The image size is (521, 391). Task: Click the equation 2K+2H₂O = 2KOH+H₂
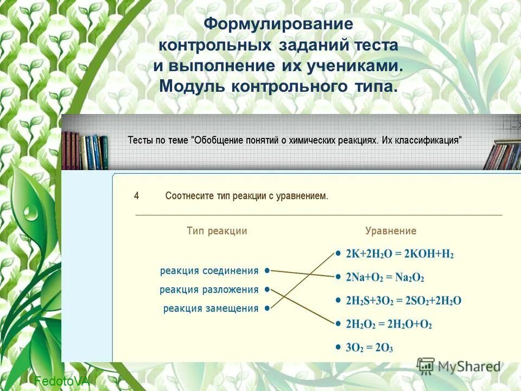[399, 254]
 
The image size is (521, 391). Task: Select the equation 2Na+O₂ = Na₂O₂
[385, 278]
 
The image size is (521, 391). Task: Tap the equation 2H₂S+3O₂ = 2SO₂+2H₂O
[403, 301]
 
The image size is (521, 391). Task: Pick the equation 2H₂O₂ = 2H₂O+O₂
[389, 324]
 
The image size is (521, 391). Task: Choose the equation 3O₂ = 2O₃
[369, 348]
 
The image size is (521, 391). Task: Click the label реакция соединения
[209, 270]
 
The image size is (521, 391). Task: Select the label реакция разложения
[209, 289]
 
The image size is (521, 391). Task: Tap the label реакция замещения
[211, 308]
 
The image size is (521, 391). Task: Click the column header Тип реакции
[217, 231]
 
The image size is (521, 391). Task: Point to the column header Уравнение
[391, 231]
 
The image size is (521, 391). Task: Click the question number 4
[137, 196]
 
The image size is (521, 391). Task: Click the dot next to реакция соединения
[268, 270]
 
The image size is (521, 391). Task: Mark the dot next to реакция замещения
[268, 308]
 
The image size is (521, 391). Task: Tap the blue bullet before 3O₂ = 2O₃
[338, 346]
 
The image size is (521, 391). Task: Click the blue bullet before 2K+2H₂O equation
[338, 253]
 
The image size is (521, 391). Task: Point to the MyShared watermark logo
[459, 366]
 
